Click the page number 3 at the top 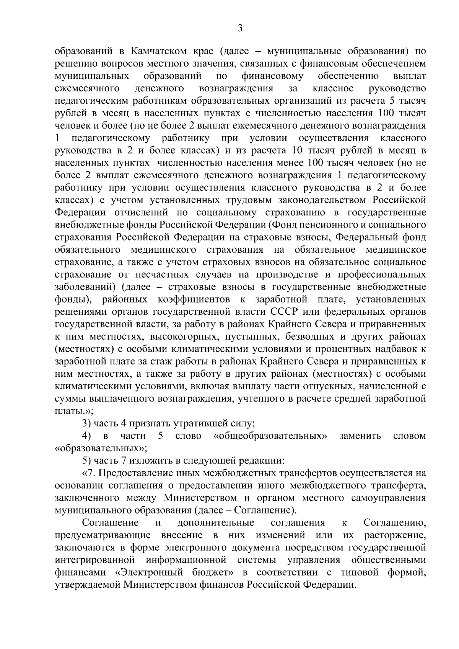click(x=240, y=28)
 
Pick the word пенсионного click(x=351, y=225)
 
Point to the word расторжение click(x=396, y=535)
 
